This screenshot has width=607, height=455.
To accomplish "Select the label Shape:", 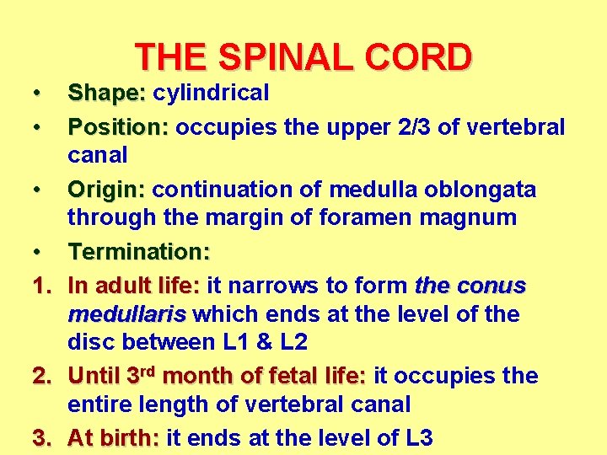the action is [107, 93].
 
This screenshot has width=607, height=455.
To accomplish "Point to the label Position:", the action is [119, 127].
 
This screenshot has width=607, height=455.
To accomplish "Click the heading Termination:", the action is [139, 252].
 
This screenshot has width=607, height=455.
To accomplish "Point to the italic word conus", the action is [492, 286].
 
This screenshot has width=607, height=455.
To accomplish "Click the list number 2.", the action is [40, 375].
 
